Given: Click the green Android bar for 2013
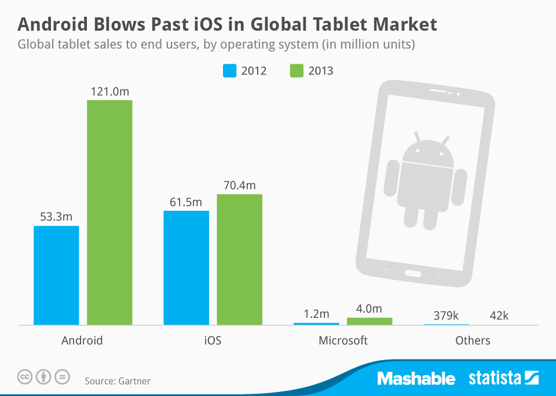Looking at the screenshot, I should click(109, 212).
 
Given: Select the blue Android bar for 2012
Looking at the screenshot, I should click(56, 275).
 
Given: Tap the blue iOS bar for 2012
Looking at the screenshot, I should click(186, 267).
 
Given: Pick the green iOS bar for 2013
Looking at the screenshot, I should click(239, 259).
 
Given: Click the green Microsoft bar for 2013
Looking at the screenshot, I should click(369, 321).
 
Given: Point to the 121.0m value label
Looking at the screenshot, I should click(109, 91).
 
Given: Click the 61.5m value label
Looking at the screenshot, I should click(186, 202).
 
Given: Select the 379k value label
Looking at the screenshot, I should click(446, 316).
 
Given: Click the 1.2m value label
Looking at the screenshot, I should click(316, 314).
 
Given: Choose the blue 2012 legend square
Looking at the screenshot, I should click(230, 71).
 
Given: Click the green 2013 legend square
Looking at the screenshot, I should click(296, 71).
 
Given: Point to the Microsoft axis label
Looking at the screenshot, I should click(343, 340).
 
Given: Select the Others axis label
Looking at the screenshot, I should click(473, 340).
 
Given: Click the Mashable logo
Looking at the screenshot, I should click(416, 379).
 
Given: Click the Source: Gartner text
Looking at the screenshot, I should click(118, 381).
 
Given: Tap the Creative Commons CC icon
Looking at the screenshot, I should click(25, 377).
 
